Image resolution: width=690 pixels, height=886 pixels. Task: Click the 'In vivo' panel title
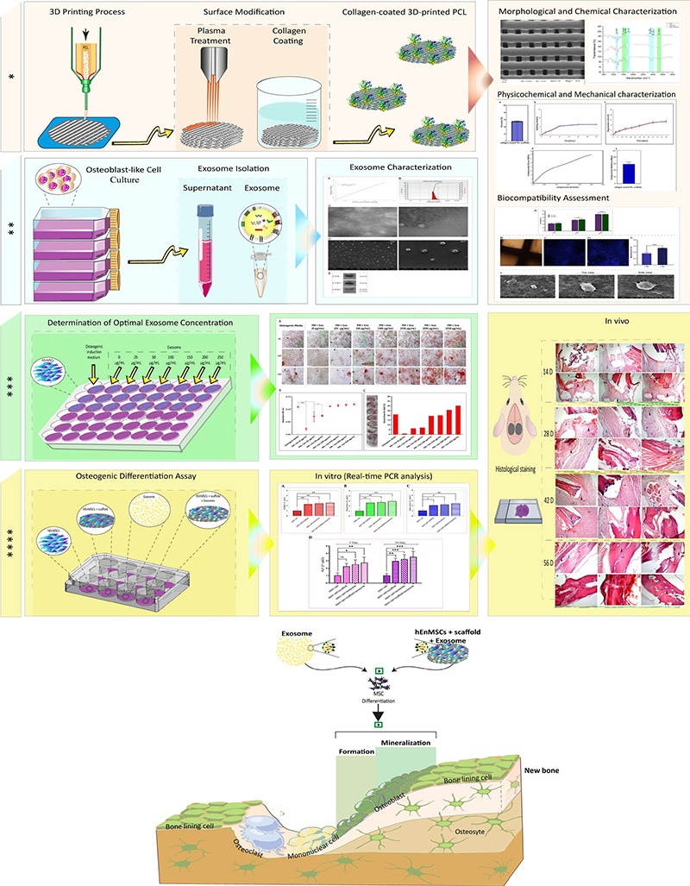588,323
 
